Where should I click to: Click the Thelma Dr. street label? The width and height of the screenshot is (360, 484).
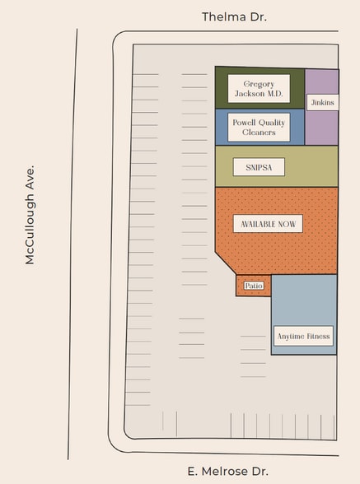[235, 16]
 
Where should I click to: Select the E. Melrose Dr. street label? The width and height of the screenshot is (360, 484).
[227, 472]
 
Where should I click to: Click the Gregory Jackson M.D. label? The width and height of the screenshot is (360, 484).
[259, 89]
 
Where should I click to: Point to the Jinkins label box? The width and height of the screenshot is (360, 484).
[321, 102]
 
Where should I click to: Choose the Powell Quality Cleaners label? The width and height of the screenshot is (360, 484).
[259, 127]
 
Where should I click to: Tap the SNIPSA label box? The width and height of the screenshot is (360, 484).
[259, 167]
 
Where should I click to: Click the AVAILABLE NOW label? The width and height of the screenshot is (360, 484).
[268, 224]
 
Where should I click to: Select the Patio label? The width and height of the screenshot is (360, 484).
[253, 286]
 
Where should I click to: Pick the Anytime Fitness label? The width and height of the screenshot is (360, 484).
[303, 336]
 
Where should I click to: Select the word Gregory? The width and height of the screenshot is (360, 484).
[259, 84]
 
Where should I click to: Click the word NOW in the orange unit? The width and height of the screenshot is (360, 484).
[287, 224]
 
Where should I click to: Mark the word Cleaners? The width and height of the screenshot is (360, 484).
[259, 132]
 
